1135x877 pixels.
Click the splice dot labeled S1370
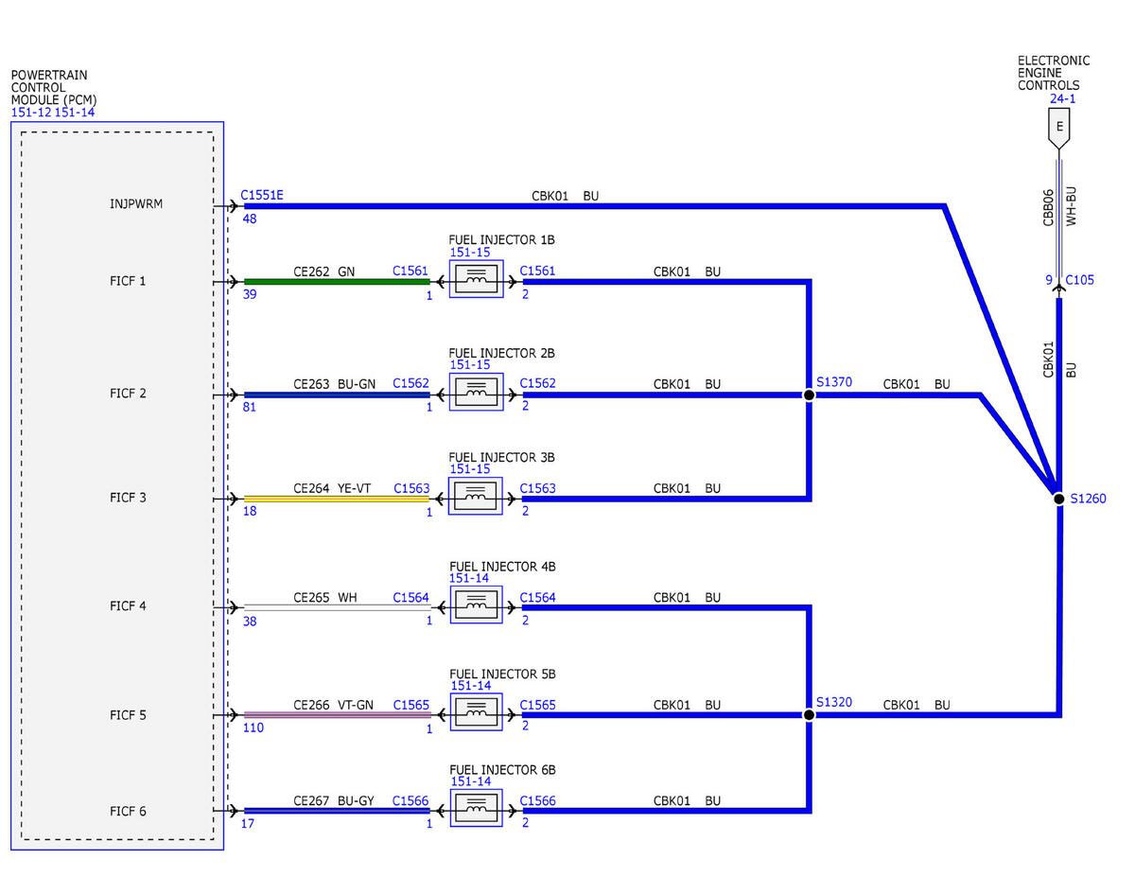click(808, 395)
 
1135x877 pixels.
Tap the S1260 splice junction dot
click(1058, 499)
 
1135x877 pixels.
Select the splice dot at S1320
click(808, 714)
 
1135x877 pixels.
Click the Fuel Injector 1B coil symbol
click(476, 279)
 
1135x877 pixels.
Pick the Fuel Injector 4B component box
click(476, 605)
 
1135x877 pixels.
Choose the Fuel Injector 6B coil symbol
click(476, 808)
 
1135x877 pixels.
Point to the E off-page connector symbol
click(1058, 129)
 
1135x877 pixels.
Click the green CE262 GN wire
click(337, 282)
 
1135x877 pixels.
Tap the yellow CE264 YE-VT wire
click(337, 499)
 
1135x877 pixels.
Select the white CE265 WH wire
click(337, 607)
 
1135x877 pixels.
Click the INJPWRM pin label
click(136, 203)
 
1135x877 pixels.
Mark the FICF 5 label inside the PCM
click(128, 715)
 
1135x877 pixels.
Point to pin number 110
click(253, 728)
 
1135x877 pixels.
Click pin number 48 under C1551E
click(250, 219)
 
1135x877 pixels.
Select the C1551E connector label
click(262, 195)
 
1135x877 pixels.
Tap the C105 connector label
click(1079, 280)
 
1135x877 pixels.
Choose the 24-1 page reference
click(1062, 98)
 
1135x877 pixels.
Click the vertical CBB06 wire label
click(1048, 207)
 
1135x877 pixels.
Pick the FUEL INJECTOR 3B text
click(501, 458)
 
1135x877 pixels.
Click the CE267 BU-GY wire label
click(334, 800)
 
